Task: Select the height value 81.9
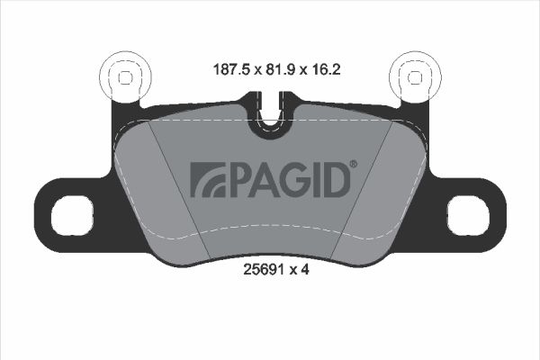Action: click(281, 70)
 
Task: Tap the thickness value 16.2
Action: click(326, 70)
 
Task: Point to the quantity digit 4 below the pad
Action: click(305, 269)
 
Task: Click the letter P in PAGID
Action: click(239, 180)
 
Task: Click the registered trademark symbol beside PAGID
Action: click(354, 164)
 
